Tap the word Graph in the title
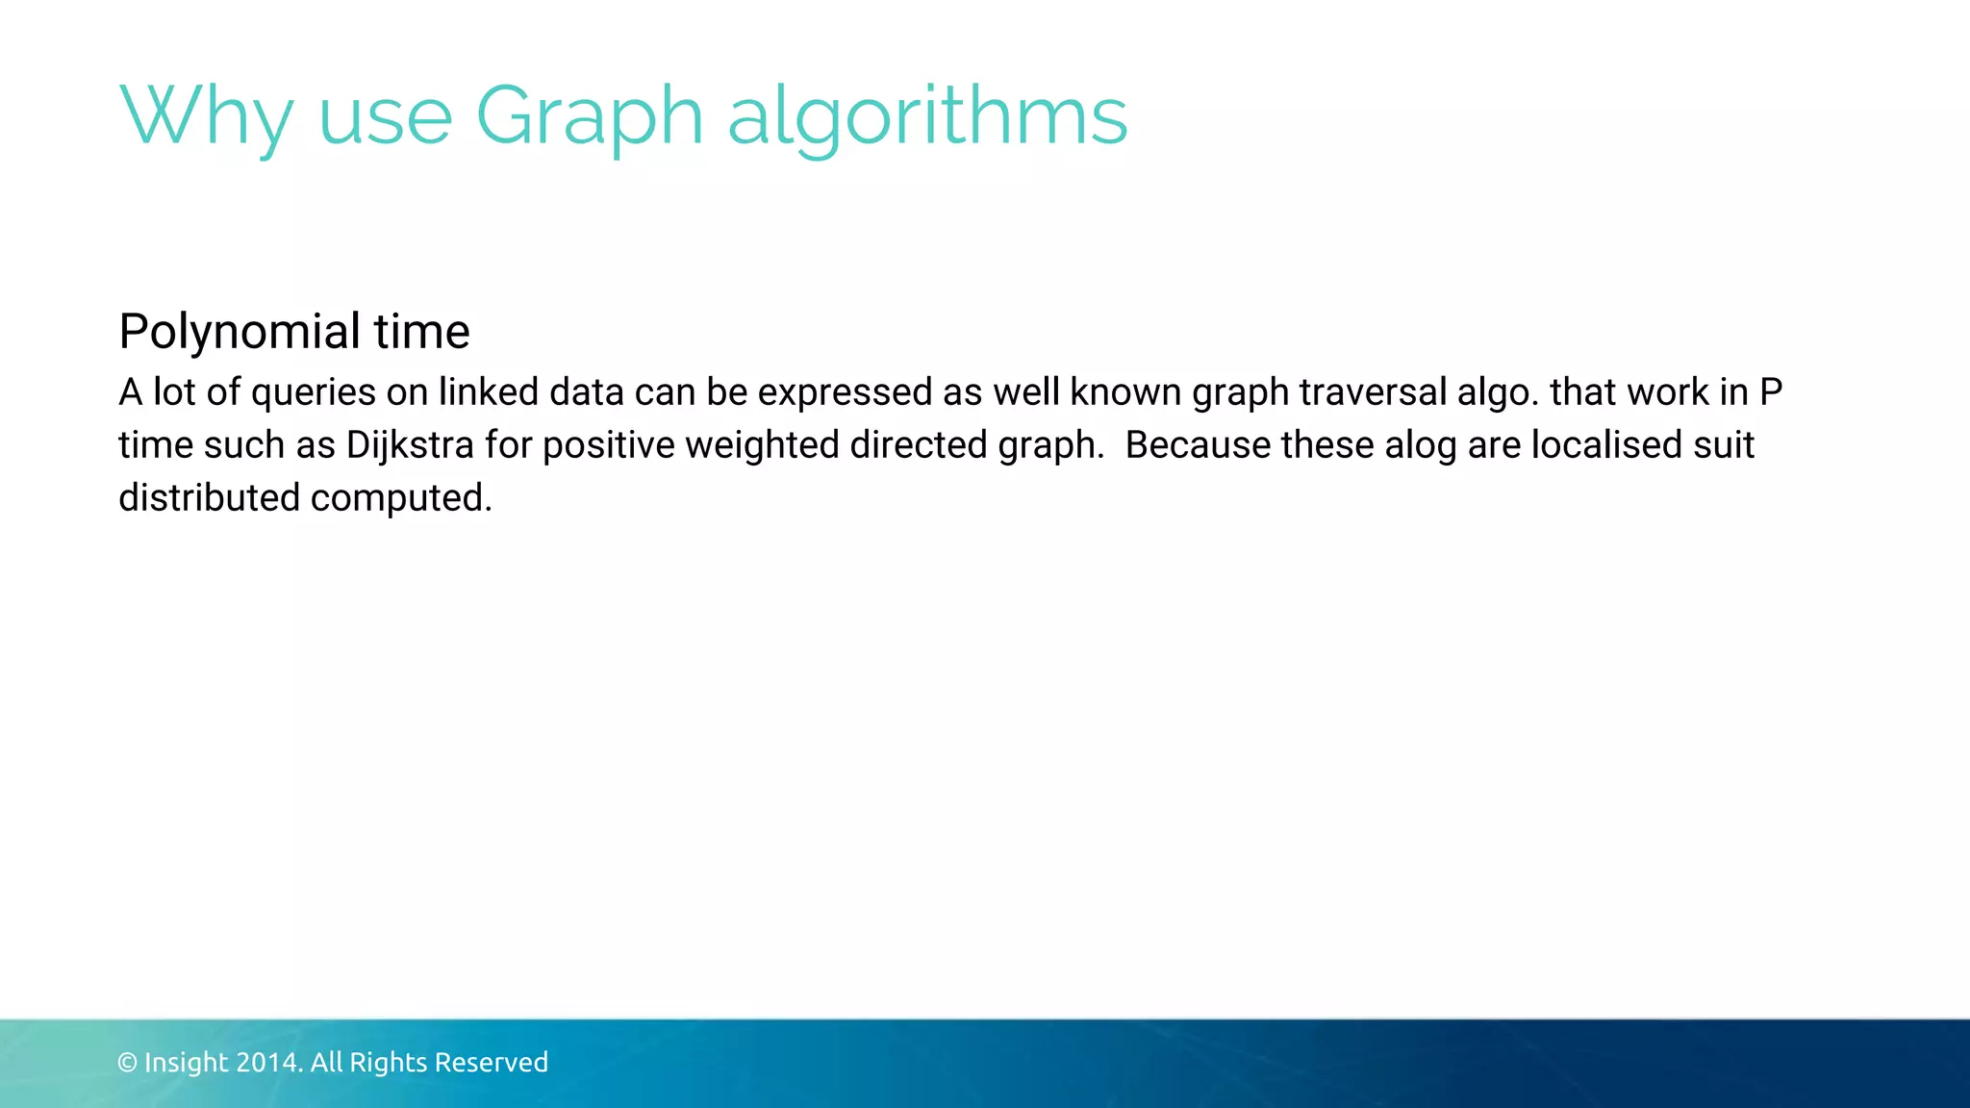[590, 117]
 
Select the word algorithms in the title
[927, 117]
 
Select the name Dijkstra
[410, 446]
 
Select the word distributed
[209, 498]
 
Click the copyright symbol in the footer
[127, 1063]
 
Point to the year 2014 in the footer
[268, 1063]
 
